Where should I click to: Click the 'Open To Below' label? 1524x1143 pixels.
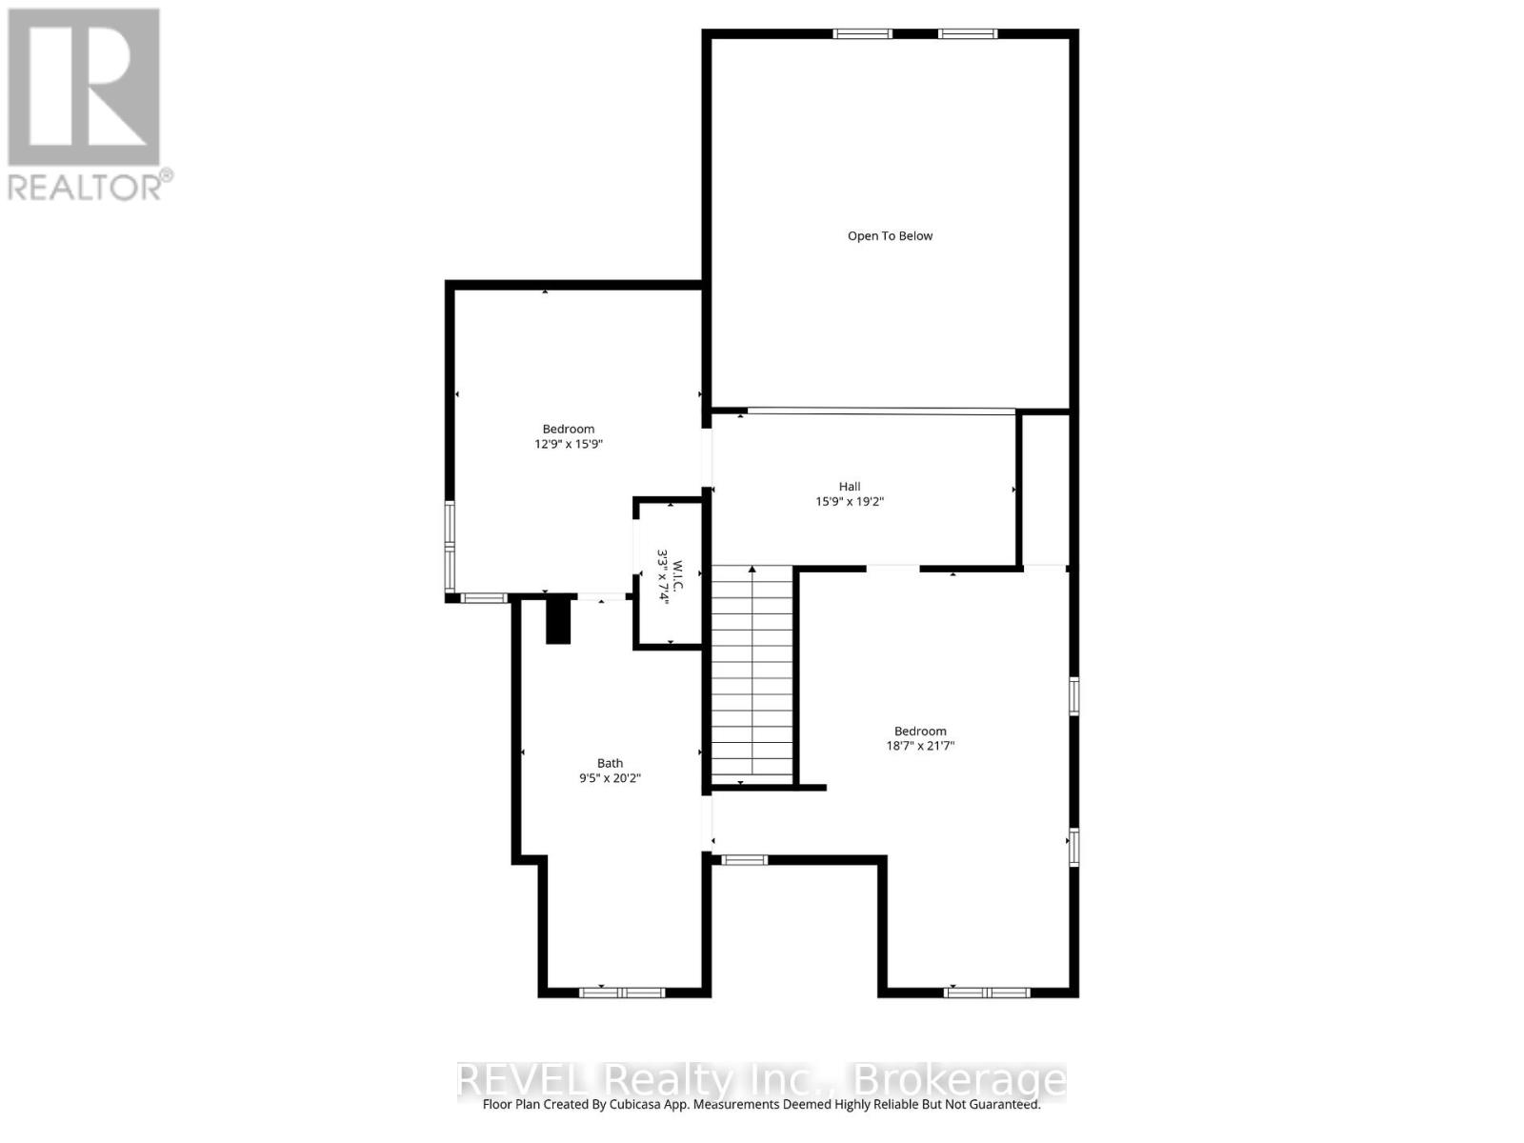point(890,236)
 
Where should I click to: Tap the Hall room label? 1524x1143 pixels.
point(850,487)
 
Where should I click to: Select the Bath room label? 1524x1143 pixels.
point(610,763)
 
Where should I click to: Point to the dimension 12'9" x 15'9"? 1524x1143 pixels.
point(569,444)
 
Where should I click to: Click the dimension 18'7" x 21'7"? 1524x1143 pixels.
point(920,746)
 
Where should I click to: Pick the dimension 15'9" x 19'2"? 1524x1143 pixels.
point(850,502)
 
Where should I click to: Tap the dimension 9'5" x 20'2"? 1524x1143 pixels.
point(610,778)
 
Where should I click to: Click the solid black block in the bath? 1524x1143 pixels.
point(558,619)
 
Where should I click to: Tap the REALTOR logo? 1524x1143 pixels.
point(84,88)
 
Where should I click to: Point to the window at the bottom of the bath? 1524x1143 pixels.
point(622,993)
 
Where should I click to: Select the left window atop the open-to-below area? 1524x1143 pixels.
point(862,34)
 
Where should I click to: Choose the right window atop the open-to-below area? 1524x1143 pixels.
point(967,34)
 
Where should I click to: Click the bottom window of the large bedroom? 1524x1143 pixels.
point(987,993)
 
